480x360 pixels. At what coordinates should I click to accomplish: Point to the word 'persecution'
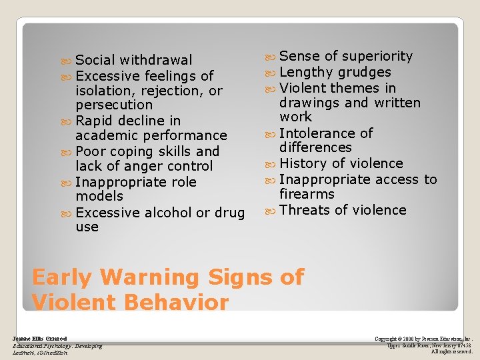point(114,105)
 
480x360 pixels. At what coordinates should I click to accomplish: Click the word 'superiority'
point(377,57)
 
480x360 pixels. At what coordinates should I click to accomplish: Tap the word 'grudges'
point(365,73)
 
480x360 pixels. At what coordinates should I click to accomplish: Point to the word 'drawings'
point(310,103)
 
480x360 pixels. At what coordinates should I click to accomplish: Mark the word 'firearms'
point(307,194)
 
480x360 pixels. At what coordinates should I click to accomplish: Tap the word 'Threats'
point(305,210)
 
